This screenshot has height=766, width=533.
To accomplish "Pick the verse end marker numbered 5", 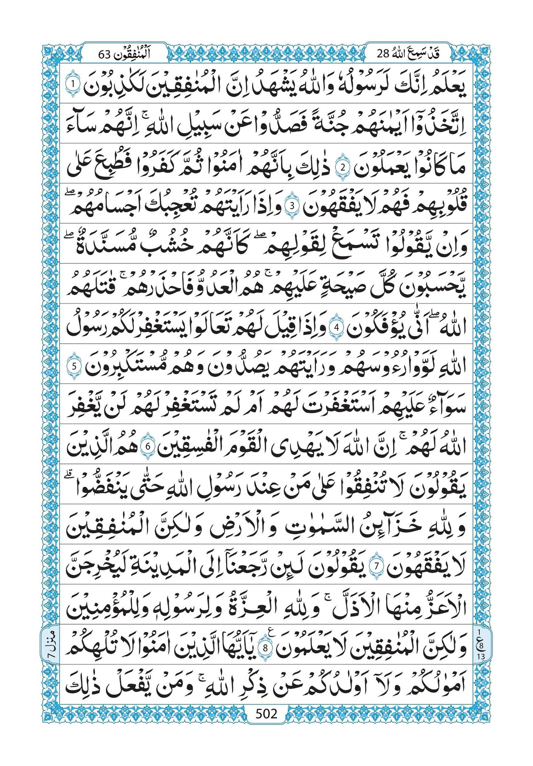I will point(74,366).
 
